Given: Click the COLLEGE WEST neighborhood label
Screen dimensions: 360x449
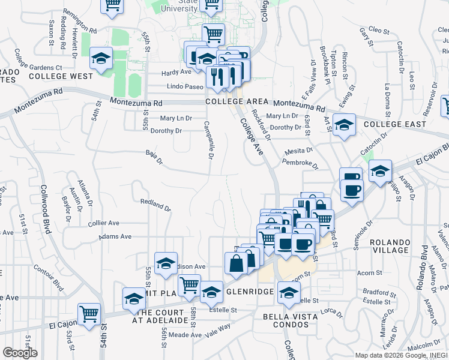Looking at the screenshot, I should point(61,76).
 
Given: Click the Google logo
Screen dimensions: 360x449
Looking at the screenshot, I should point(20,352).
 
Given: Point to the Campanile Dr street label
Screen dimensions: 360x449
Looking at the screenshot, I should point(207,140).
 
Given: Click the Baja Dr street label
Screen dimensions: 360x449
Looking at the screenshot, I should point(154,157).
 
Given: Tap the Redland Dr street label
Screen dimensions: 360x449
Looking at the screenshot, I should point(155,205).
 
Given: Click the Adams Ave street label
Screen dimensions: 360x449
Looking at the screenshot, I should point(116,236).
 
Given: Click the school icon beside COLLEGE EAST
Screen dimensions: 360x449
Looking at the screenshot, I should point(344,125).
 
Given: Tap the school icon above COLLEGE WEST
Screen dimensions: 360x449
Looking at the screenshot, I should point(101,58).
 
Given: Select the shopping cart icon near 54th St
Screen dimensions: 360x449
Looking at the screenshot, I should point(89,313).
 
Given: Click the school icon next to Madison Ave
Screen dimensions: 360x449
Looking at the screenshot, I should point(166,263).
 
